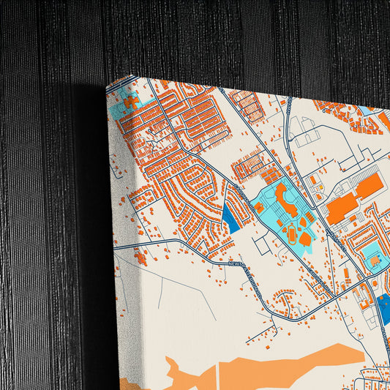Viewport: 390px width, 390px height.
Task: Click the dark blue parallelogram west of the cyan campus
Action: (x=230, y=216)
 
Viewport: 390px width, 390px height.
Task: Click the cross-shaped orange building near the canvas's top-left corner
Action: (x=131, y=102)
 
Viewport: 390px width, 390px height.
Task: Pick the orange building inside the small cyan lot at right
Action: (x=375, y=260)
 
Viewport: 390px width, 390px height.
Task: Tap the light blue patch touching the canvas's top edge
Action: (x=364, y=110)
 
